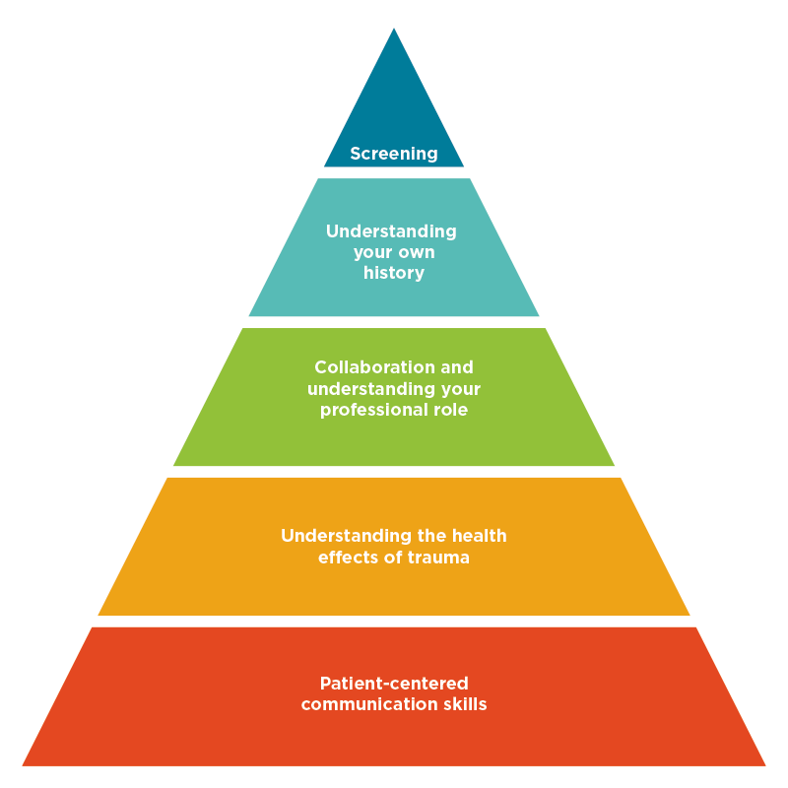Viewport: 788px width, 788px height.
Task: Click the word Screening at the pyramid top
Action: (x=394, y=154)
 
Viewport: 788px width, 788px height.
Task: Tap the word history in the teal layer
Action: (x=394, y=273)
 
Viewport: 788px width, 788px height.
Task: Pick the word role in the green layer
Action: (x=449, y=410)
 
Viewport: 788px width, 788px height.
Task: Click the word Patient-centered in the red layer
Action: (x=394, y=684)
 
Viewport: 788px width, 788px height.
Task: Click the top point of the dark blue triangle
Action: (x=394, y=29)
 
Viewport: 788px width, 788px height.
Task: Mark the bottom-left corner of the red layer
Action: (x=24, y=764)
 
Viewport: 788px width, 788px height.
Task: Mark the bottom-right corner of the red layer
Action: (x=764, y=764)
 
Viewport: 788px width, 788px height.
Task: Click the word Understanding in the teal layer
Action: (x=391, y=231)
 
